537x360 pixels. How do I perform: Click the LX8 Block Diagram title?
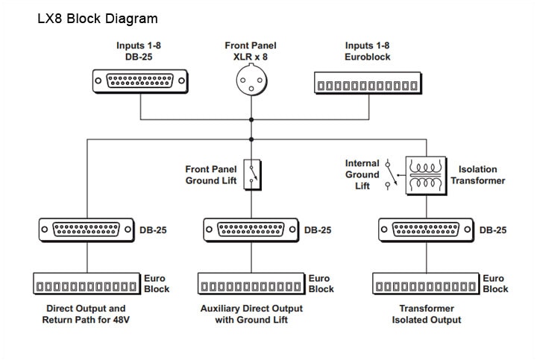click(x=98, y=19)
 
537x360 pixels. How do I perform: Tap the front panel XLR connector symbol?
click(x=251, y=80)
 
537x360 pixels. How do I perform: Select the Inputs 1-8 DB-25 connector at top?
click(x=140, y=81)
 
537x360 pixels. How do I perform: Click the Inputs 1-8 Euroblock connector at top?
click(x=368, y=83)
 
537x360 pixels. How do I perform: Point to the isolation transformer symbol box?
click(x=426, y=176)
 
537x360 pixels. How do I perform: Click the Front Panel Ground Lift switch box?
click(x=252, y=174)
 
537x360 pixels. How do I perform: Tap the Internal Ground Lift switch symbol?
click(x=391, y=174)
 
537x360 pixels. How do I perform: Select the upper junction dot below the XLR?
click(x=251, y=120)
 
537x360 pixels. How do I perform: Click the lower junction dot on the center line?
click(x=251, y=139)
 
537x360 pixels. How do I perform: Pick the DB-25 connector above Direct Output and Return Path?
click(x=87, y=230)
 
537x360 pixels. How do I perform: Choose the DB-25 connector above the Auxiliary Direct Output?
click(x=251, y=230)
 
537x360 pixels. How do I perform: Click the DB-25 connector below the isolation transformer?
click(x=426, y=230)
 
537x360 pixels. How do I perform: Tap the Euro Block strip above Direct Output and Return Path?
click(x=87, y=284)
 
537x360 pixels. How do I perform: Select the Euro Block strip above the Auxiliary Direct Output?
click(x=251, y=284)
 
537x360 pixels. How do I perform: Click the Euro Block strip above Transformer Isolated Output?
click(x=426, y=284)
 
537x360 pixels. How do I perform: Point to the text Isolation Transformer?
click(x=478, y=175)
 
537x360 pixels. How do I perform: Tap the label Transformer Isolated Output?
click(x=427, y=314)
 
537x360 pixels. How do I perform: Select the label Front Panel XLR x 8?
click(x=251, y=51)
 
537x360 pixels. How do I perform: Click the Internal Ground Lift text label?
click(x=362, y=174)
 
